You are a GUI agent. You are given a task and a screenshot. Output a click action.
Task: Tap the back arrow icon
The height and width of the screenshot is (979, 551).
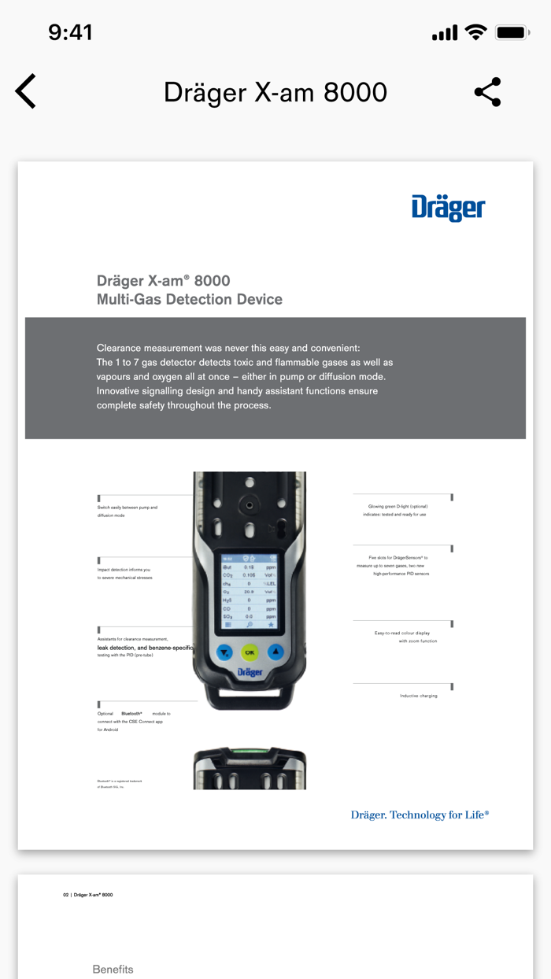pyautogui.click(x=26, y=92)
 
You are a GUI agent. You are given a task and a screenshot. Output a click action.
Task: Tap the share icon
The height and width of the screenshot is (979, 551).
pyautogui.click(x=487, y=92)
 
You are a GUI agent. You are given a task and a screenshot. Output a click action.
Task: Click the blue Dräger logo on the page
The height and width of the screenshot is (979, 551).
pyautogui.click(x=448, y=208)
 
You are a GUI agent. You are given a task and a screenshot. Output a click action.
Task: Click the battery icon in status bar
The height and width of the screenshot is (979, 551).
pyautogui.click(x=512, y=33)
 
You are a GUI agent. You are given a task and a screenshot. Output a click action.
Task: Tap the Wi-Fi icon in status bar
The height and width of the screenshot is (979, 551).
pyautogui.click(x=475, y=32)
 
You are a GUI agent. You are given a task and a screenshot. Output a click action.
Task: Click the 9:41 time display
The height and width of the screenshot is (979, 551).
pyautogui.click(x=71, y=32)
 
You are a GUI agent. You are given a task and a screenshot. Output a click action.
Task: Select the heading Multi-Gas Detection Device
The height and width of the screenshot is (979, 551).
pyautogui.click(x=189, y=299)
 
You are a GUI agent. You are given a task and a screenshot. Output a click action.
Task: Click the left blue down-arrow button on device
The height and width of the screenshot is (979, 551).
pyautogui.click(x=224, y=652)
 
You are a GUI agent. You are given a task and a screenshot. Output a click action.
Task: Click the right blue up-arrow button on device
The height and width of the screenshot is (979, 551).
pyautogui.click(x=275, y=652)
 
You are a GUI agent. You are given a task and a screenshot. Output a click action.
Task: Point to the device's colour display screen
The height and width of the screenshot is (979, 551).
pyautogui.click(x=249, y=590)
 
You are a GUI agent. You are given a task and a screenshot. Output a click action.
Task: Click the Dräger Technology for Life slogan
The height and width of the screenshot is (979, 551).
pyautogui.click(x=420, y=815)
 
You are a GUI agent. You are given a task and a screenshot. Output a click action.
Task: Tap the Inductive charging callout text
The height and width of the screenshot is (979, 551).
pyautogui.click(x=418, y=696)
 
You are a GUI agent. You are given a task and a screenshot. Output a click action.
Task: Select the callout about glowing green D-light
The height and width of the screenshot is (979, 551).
pyautogui.click(x=398, y=510)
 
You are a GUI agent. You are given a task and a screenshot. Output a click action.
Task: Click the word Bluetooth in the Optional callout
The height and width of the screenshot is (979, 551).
pyautogui.click(x=131, y=714)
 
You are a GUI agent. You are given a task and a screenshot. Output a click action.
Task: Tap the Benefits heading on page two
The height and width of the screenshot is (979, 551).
pyautogui.click(x=113, y=969)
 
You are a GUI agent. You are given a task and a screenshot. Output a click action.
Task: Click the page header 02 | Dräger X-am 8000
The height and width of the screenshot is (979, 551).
pyautogui.click(x=88, y=895)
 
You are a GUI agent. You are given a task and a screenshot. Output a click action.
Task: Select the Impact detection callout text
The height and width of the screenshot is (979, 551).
pyautogui.click(x=124, y=574)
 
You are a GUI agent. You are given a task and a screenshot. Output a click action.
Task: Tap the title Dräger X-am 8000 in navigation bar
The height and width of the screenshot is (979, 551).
pyautogui.click(x=275, y=92)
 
